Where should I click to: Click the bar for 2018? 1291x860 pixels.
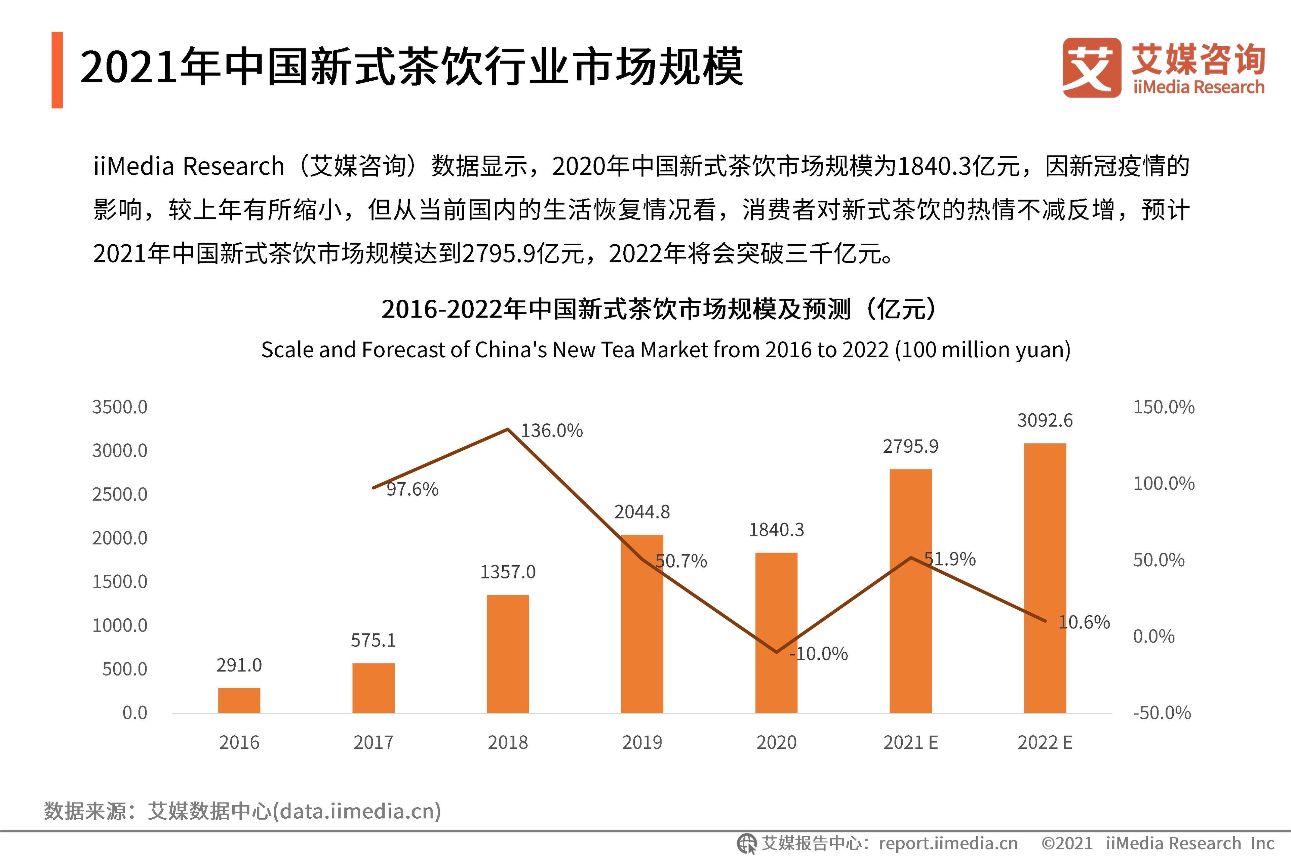click(x=508, y=654)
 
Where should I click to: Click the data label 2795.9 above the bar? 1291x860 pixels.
click(x=910, y=446)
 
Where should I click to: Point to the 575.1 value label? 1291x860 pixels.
click(x=373, y=640)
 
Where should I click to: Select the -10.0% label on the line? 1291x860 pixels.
click(x=819, y=654)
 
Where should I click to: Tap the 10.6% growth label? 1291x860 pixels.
click(x=1084, y=622)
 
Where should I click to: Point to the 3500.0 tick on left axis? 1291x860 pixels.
click(x=120, y=407)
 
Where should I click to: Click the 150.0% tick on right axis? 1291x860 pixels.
click(x=1164, y=407)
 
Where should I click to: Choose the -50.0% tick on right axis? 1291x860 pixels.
click(x=1162, y=713)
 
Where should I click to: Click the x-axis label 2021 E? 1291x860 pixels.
click(x=910, y=743)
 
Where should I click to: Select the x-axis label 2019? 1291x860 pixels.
click(x=642, y=743)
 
